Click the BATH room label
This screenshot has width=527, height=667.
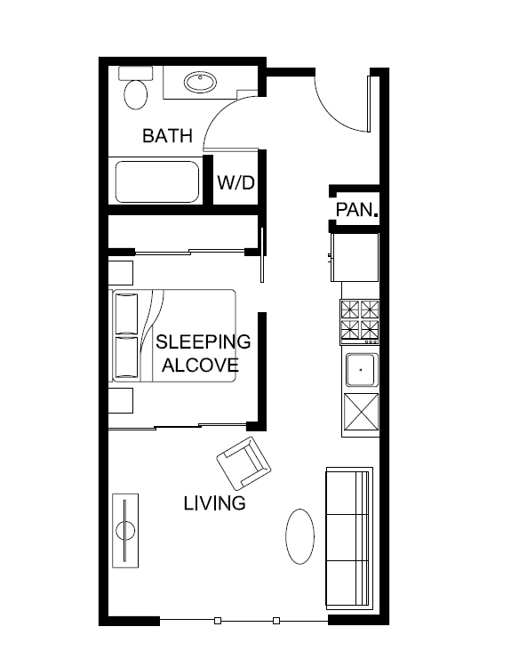click(x=167, y=136)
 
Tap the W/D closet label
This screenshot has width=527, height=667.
click(x=236, y=183)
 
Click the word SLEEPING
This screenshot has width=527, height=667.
click(x=203, y=342)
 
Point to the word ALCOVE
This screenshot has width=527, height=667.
click(x=200, y=365)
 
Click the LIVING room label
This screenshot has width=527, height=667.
click(x=214, y=503)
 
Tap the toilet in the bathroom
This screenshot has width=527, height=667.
click(x=135, y=90)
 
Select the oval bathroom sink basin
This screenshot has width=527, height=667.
click(x=200, y=84)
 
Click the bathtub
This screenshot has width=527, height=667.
click(x=156, y=182)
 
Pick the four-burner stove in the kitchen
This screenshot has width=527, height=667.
click(x=360, y=321)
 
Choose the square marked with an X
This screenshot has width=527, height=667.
click(x=361, y=413)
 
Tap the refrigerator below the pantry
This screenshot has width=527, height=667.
click(x=355, y=256)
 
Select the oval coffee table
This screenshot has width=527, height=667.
click(x=300, y=535)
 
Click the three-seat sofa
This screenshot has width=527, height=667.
click(x=348, y=536)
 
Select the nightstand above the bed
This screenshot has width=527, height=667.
click(x=121, y=271)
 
